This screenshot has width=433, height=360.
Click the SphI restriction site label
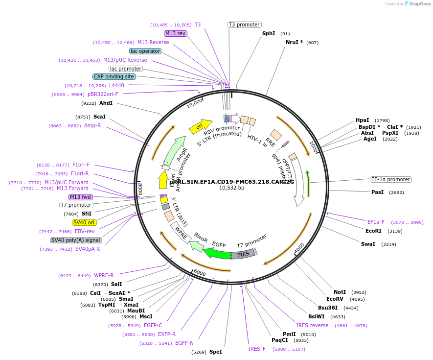click(269, 34)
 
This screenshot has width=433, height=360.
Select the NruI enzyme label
click(294, 42)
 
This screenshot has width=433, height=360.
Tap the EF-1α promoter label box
click(390, 179)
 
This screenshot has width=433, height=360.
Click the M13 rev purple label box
click(175, 33)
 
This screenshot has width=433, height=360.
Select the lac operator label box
click(145, 51)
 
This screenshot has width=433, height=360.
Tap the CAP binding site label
click(114, 76)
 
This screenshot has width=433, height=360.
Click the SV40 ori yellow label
click(84, 222)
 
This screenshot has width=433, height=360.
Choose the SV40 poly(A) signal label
click(76, 240)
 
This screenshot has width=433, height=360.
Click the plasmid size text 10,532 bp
click(231, 188)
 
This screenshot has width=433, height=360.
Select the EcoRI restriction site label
click(373, 230)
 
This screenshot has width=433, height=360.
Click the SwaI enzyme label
click(368, 244)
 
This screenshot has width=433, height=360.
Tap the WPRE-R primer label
click(104, 275)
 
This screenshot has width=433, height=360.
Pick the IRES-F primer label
click(257, 349)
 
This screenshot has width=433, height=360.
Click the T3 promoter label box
click(245, 24)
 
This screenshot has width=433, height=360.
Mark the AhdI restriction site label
click(106, 103)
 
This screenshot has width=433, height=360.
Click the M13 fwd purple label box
click(81, 197)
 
